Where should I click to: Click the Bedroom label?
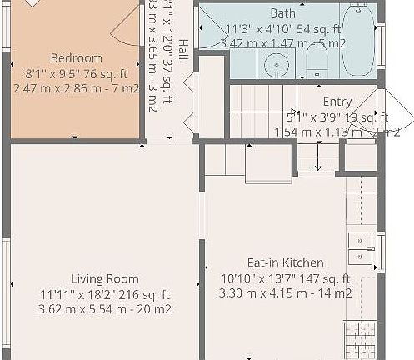[76, 58]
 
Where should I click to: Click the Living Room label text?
[104, 278]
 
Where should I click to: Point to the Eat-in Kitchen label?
[284, 262]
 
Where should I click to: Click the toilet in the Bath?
[317, 59]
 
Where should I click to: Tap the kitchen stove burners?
[360, 340]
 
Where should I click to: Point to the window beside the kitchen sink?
[381, 252]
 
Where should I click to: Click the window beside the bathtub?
[381, 43]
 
